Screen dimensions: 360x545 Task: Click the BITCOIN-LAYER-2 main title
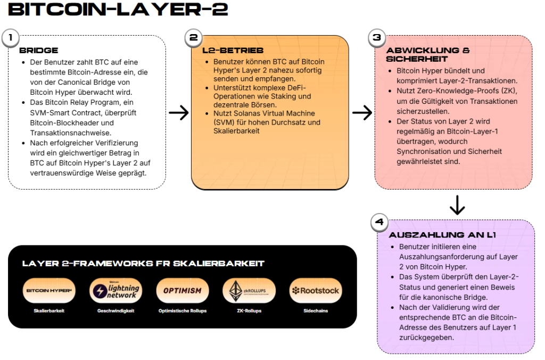118,9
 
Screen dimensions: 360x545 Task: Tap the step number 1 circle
10,38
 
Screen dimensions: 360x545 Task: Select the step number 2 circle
193,38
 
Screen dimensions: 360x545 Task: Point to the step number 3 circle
377,38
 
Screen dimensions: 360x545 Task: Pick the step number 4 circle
379,222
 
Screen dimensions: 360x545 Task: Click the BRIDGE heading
39,51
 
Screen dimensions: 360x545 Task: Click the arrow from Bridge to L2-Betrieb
178,112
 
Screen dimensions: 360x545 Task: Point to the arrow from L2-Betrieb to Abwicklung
362,112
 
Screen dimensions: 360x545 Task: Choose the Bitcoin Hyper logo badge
49,291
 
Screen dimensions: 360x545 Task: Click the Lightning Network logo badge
115,291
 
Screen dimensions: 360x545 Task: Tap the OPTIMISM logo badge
183,291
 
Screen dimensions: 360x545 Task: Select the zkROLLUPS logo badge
249,291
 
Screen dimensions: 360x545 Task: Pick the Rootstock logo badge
315,291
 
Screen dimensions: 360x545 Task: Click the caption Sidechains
315,311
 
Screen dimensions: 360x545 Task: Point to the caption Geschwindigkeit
115,311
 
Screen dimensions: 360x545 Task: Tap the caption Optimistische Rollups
183,311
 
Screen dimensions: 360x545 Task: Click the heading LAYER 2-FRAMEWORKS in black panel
143,264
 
